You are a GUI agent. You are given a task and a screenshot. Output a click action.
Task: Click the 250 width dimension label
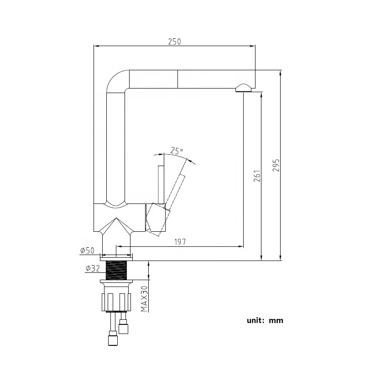174,41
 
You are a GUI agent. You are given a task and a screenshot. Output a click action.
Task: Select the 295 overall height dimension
275,166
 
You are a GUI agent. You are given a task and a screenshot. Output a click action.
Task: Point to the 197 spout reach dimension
180,242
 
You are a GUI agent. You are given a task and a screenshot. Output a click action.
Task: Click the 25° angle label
177,150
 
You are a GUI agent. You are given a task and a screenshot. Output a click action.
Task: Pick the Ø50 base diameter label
87,250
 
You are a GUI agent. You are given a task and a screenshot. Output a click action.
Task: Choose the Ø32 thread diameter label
92,269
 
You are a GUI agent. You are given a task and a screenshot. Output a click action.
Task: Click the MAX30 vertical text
144,298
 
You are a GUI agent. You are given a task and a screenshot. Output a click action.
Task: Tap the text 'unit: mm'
265,320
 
